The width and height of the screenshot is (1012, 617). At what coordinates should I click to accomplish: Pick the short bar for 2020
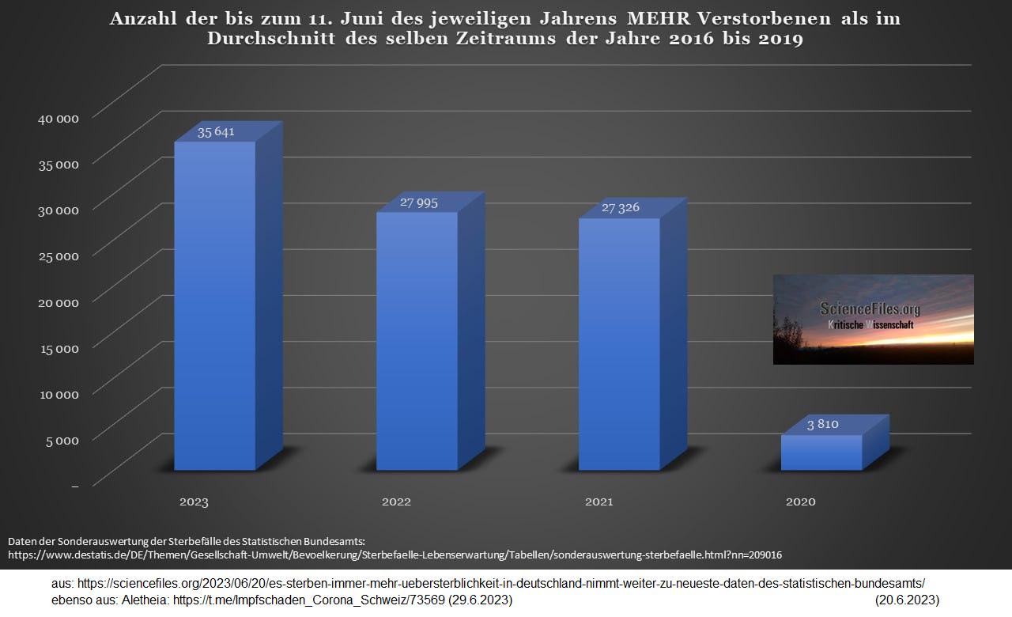[x=821, y=452]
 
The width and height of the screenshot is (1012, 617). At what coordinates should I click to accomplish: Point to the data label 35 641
[x=216, y=132]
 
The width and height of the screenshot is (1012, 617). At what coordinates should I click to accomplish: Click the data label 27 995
[x=418, y=203]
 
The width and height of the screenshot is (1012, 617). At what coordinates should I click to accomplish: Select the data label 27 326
[x=620, y=208]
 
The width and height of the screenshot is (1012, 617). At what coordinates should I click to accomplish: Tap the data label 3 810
[x=822, y=425]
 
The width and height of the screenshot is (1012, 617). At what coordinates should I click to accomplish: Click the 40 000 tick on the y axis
[x=59, y=119]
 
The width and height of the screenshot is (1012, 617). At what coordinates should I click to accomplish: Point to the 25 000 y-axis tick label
[x=59, y=256]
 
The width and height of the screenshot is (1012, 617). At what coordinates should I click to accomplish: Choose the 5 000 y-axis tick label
[x=62, y=440]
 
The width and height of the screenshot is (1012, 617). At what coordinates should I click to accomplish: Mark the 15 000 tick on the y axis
[x=59, y=348]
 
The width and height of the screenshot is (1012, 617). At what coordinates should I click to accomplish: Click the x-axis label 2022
[x=396, y=502]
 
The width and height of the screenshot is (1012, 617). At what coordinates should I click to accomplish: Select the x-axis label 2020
[x=800, y=502]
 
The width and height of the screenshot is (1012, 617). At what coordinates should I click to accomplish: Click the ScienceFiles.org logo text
[x=870, y=309]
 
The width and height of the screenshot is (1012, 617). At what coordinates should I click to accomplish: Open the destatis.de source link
[x=395, y=555]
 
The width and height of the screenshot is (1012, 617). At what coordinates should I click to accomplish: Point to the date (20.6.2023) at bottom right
[x=907, y=600]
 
